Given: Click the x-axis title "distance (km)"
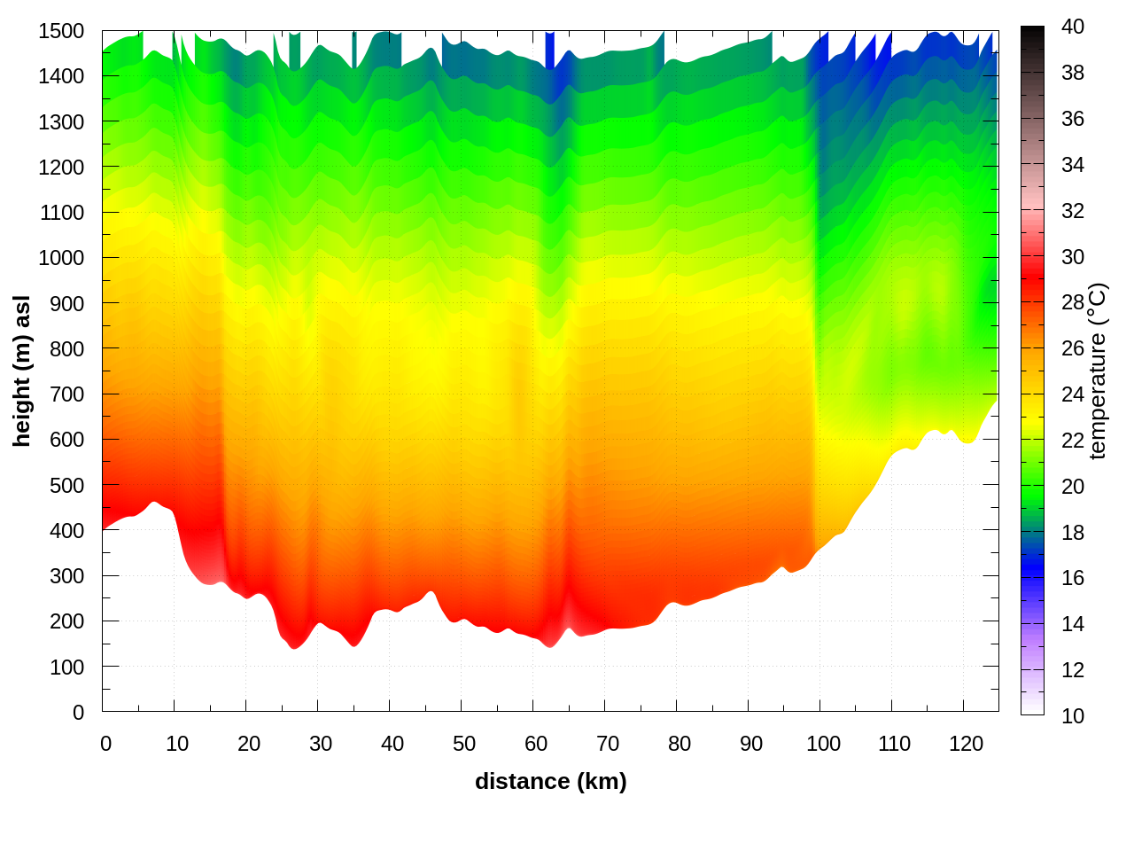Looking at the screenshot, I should (550, 781).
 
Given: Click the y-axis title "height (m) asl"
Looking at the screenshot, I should (22, 371).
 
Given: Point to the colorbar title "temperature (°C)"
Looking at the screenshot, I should (1098, 371).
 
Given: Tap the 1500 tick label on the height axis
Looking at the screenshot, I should (61, 31).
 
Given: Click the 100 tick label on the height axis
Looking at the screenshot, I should (66, 668).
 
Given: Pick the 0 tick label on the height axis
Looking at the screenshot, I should (78, 713).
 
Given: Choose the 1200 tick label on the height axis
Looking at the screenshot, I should (61, 168).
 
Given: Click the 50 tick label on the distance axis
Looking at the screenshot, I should (464, 744).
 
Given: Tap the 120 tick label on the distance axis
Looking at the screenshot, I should (966, 744).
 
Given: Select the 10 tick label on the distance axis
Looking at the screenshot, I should (177, 744).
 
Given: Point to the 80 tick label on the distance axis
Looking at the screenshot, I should (680, 744).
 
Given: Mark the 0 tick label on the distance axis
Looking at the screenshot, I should (106, 744).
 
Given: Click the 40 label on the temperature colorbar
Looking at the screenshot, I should (1073, 27).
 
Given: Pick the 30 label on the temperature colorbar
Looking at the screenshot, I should (1073, 257).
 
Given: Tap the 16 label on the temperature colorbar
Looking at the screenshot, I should (1073, 578).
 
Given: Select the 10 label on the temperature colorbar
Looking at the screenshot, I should (1073, 715).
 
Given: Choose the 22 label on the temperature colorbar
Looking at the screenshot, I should (1073, 441).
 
